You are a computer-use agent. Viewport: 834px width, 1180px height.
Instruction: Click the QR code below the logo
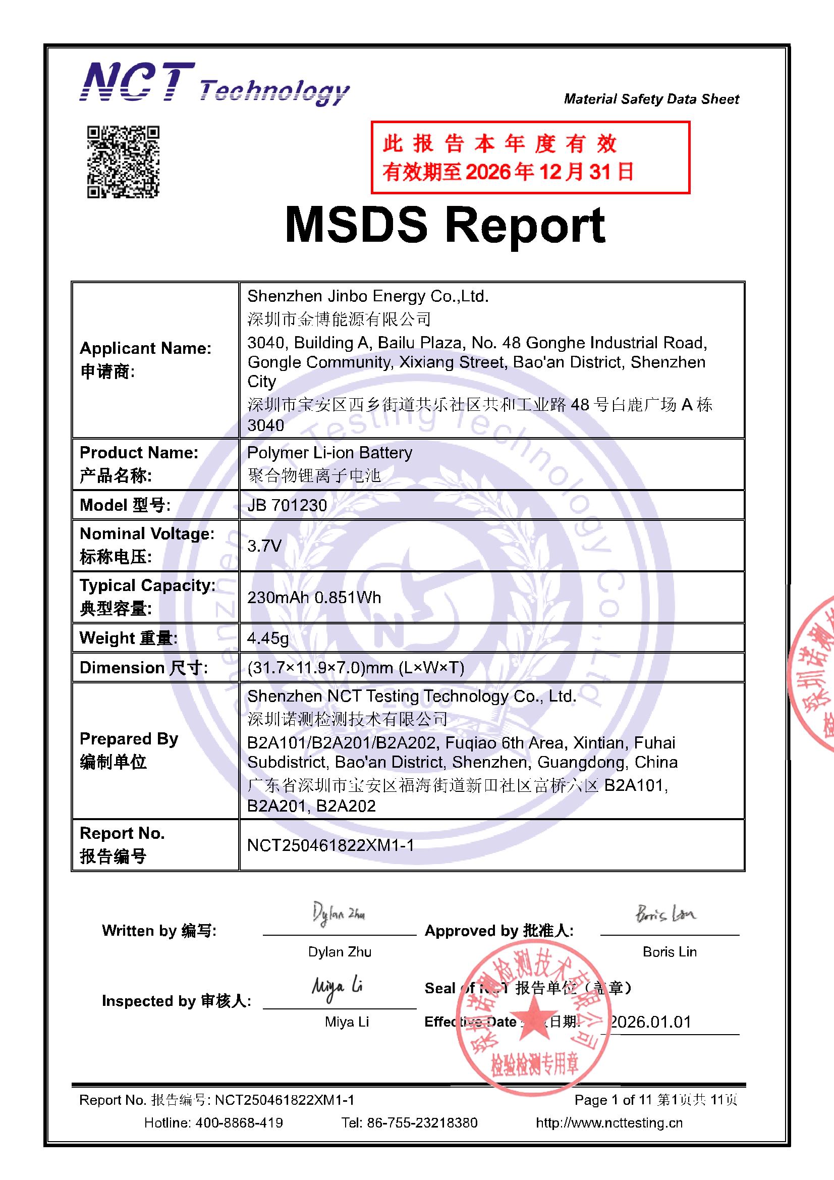tap(123, 162)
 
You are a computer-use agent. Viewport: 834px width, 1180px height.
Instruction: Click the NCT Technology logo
tap(214, 83)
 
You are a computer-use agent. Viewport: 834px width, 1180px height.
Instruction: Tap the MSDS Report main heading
tap(445, 225)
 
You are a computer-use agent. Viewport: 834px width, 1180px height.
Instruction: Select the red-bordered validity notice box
tap(530, 157)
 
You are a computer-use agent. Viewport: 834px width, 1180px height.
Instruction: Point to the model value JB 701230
tap(287, 505)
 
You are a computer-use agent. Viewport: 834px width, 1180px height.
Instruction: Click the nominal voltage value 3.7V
tap(264, 545)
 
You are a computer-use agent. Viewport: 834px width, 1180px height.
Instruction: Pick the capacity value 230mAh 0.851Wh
tap(314, 597)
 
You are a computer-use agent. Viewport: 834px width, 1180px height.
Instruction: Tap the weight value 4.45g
tap(268, 638)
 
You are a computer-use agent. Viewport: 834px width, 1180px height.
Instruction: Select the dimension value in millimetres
tap(356, 668)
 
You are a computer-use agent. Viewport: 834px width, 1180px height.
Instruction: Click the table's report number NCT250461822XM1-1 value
tap(330, 845)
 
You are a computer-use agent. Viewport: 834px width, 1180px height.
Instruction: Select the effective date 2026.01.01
tap(650, 1022)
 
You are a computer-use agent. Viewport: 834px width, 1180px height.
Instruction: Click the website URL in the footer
tap(609, 1122)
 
